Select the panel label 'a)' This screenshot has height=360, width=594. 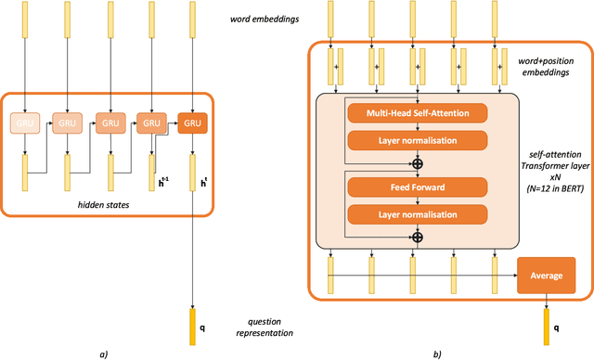(103, 352)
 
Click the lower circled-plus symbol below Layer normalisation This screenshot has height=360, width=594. (418, 238)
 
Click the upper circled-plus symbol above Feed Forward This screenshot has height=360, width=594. (418, 163)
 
